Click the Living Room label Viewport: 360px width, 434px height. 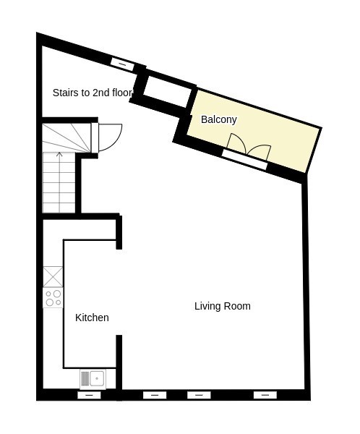pyautogui.click(x=223, y=306)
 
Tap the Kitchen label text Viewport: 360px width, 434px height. pyautogui.click(x=92, y=318)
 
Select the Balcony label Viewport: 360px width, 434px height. pyautogui.click(x=219, y=119)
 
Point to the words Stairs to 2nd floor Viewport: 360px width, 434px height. pyautogui.click(x=92, y=93)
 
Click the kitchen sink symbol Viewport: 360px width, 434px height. pyautogui.click(x=93, y=378)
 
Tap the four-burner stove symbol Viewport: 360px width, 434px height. pyautogui.click(x=53, y=298)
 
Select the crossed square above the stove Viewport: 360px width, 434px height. pyautogui.click(x=53, y=277)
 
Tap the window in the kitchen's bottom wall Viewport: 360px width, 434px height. pyautogui.click(x=89, y=395)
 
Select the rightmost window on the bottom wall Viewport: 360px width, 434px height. pyautogui.click(x=265, y=395)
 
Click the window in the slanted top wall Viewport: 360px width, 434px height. pyautogui.click(x=123, y=64)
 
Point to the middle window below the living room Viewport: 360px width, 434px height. pyautogui.click(x=199, y=395)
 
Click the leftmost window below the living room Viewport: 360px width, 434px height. pyautogui.click(x=155, y=395)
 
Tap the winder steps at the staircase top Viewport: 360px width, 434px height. pyautogui.click(x=67, y=138)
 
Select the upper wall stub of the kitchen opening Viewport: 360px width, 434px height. pyautogui.click(x=119, y=232)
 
